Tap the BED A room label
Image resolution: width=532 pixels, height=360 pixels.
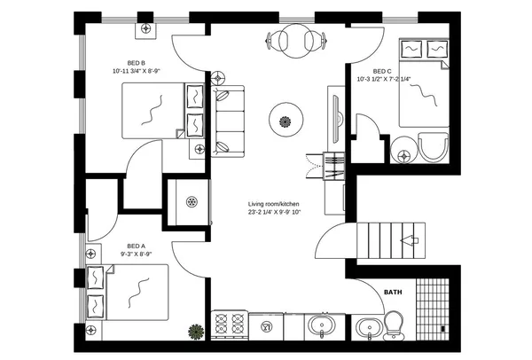click(x=136, y=246)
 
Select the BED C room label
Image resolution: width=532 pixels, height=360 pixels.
click(x=382, y=71)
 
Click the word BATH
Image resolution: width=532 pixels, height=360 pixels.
click(x=393, y=292)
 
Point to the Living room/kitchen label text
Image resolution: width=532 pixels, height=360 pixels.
click(x=274, y=204)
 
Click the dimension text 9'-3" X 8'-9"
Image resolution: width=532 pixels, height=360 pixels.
click(x=136, y=254)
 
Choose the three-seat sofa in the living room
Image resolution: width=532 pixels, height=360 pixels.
click(x=228, y=119)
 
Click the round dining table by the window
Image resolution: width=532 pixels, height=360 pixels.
click(x=295, y=40)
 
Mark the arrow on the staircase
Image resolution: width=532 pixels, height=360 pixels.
click(x=409, y=239)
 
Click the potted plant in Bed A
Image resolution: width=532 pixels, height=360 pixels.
click(x=194, y=332)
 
